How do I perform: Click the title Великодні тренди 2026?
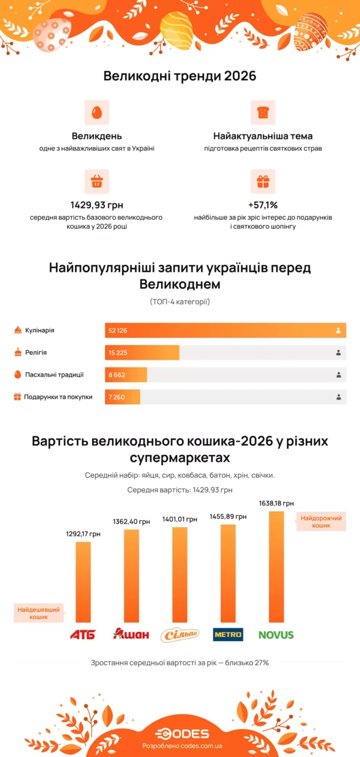tap(180, 76)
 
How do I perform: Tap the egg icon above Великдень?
tap(97, 112)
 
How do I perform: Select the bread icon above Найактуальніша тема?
tap(263, 112)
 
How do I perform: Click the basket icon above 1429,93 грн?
tap(97, 181)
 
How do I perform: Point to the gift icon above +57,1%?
tap(263, 181)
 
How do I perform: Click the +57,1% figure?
tap(263, 205)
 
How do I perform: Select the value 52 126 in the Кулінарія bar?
tap(118, 331)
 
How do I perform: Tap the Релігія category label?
tap(36, 353)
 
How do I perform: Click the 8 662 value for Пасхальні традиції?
tap(117, 375)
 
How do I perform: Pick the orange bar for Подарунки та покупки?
tap(122, 397)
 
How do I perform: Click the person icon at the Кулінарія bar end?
tap(338, 331)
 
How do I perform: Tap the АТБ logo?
tap(83, 635)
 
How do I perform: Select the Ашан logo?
tap(131, 635)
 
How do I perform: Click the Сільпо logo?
tap(180, 635)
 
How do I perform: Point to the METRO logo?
tap(228, 635)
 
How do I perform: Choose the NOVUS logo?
tap(276, 635)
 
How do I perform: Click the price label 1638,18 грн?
tap(276, 504)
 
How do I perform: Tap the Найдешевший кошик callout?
tap(39, 613)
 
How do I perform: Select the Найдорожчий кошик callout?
tap(321, 521)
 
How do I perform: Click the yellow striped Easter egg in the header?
tap(176, 30)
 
